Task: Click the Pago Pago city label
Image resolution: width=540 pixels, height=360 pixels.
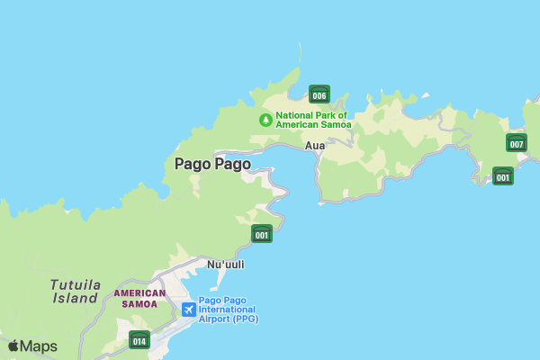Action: [x=212, y=164]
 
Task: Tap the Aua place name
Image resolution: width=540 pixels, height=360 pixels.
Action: [x=315, y=145]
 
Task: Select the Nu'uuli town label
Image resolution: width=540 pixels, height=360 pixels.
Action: [x=226, y=265]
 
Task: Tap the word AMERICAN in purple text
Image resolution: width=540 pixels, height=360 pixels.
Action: [x=139, y=292]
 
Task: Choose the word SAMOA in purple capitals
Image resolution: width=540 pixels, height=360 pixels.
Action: [x=139, y=304]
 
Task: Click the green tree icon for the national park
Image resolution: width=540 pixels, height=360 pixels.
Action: [x=265, y=120]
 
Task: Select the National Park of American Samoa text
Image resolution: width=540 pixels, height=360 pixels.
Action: [x=313, y=120]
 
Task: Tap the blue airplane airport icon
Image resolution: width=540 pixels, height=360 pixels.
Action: [x=188, y=310]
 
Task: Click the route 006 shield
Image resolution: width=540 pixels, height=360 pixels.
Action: [x=319, y=94]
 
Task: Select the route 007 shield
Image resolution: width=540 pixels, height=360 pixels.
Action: [x=516, y=143]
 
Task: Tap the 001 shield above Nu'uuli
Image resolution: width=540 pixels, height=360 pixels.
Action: [x=262, y=234]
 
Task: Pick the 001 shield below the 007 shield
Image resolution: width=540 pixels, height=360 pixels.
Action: [x=503, y=176]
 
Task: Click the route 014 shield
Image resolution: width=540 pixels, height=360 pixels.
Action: [x=139, y=340]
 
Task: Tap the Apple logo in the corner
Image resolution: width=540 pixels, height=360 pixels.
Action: [x=13, y=346]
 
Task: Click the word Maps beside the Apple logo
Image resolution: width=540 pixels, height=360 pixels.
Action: [x=39, y=346]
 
